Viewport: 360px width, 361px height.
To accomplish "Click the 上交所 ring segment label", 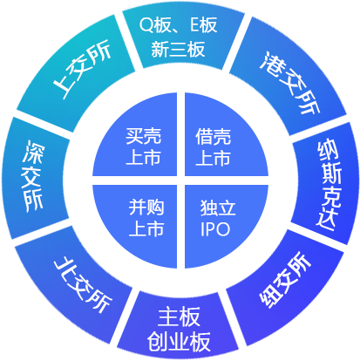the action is coord(82,69).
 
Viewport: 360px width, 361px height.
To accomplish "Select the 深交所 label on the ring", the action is coord(32,175).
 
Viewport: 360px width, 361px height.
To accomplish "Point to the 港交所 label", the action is coord(290,82).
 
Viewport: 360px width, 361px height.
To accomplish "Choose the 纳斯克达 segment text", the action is coord(329,185).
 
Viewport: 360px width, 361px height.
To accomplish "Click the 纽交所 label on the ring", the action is coord(285,280).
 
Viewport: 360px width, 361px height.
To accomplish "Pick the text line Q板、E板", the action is coord(178,25).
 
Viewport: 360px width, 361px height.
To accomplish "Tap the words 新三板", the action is coord(178,49).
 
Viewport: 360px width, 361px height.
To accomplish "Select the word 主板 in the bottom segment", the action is coord(179,317).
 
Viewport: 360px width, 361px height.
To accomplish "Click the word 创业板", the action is coord(179,342).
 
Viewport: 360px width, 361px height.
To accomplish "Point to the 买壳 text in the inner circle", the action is coord(144,136).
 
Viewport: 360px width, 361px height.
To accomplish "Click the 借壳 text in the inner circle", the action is coord(214,136).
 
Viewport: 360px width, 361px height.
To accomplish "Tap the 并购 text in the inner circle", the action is coord(146,207).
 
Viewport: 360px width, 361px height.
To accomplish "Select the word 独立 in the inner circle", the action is coord(218,208).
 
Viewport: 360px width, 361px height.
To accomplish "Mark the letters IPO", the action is coord(215,229).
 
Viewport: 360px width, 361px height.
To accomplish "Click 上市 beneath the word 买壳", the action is coord(144,158).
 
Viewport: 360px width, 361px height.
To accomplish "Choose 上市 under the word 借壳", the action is coord(214,158).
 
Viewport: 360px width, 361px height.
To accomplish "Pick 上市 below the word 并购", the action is coord(146,228).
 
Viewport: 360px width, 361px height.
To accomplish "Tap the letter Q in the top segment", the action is coord(146,25).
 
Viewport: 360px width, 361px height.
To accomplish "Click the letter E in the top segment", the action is coord(194,25).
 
